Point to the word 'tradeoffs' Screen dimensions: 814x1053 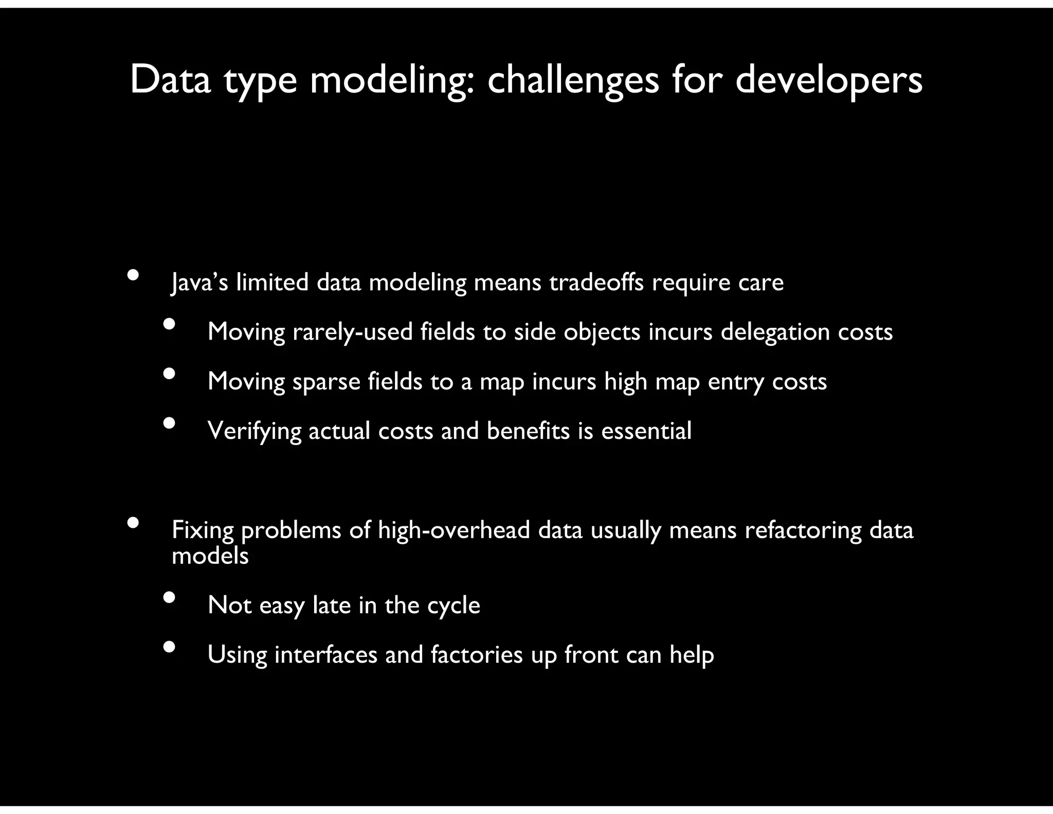click(596, 282)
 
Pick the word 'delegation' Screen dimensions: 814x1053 click(775, 332)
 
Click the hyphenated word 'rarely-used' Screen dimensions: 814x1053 click(353, 332)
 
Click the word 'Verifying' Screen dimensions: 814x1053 click(254, 431)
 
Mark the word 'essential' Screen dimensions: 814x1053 click(646, 431)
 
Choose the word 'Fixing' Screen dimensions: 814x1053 click(203, 530)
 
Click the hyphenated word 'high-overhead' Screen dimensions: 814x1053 click(453, 530)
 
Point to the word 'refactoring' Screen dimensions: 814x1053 click(803, 530)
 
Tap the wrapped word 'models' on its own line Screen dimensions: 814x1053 click(210, 556)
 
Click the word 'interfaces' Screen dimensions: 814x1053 click(326, 654)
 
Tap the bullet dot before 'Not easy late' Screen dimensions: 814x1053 click(169, 597)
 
